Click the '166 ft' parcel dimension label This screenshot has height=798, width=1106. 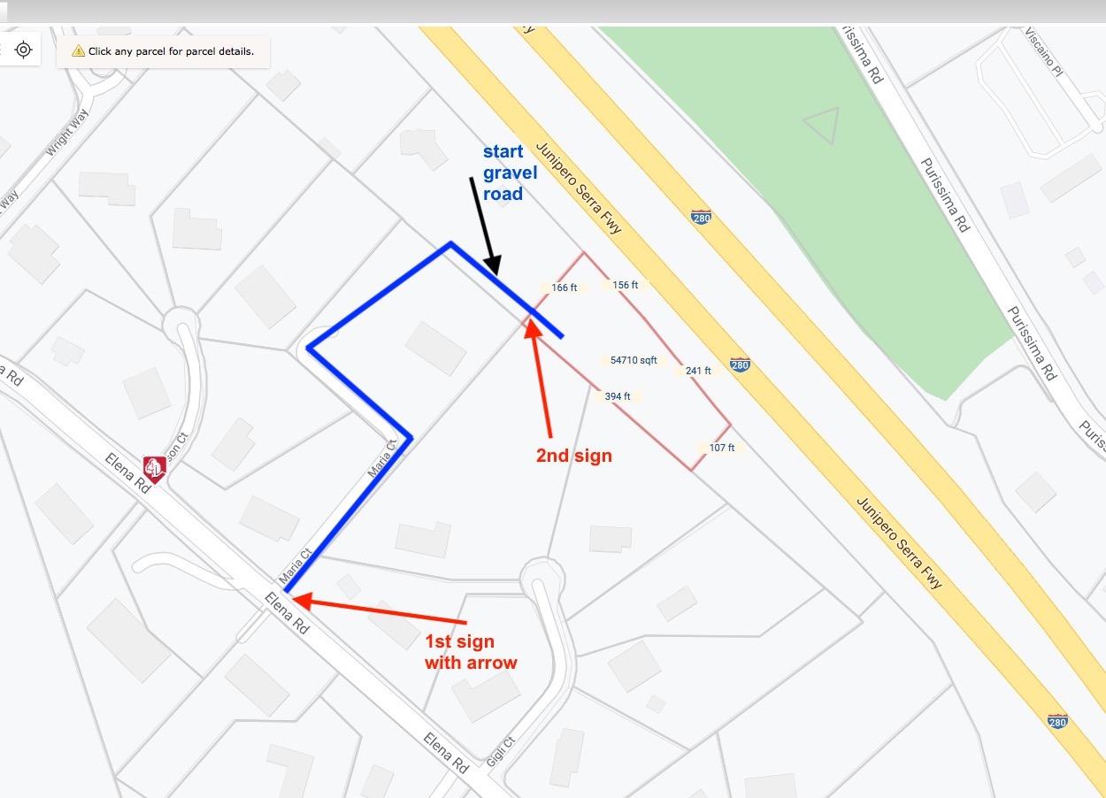point(563,288)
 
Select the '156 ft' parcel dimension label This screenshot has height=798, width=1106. point(625,285)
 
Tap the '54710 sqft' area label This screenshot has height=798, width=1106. point(634,360)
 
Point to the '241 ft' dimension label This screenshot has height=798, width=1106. point(697,371)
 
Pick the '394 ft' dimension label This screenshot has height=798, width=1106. point(617,396)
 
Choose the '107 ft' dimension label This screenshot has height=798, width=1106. point(721,448)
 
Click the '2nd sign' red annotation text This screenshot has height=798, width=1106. point(573,457)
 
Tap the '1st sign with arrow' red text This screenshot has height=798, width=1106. point(471,652)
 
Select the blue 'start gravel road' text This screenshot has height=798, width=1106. point(509,173)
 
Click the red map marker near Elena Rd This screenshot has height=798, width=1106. point(155,468)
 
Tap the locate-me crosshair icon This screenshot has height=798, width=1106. point(24,50)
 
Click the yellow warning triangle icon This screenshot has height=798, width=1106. point(78,51)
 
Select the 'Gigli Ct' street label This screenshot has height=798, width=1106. point(500,750)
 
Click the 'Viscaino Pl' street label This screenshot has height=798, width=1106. point(1044,52)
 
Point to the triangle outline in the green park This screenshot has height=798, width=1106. point(822,126)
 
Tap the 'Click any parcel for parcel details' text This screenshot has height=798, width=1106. point(171,51)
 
